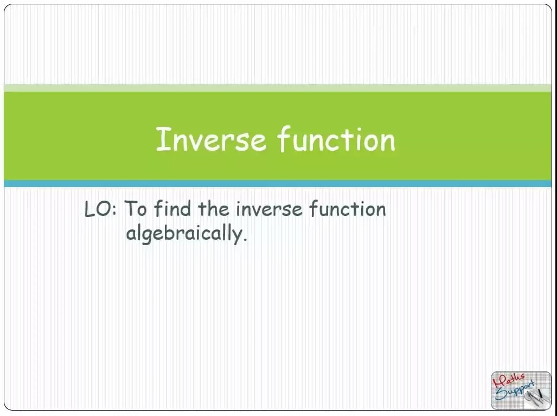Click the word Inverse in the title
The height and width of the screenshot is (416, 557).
tap(211, 139)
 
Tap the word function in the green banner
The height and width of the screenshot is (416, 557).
tap(336, 139)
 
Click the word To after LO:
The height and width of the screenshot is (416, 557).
tap(136, 209)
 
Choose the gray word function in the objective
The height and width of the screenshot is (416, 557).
tap(347, 209)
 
